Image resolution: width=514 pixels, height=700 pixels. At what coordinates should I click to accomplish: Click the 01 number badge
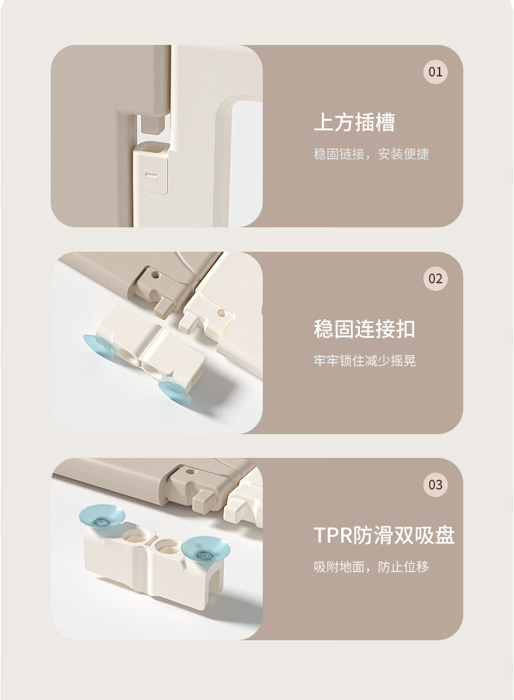(436, 71)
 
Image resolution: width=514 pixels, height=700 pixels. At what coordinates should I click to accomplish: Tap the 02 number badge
(436, 279)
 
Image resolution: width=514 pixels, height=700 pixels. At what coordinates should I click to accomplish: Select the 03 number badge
(436, 485)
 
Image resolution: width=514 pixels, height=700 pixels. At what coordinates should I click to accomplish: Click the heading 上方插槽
(355, 122)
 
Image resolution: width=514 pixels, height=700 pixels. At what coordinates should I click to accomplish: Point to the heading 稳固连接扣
(364, 329)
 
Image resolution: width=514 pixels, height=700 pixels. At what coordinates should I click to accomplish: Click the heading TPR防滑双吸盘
(384, 535)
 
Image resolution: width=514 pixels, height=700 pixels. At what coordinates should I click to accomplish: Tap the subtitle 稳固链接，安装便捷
(371, 154)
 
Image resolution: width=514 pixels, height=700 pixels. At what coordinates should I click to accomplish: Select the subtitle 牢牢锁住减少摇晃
(364, 361)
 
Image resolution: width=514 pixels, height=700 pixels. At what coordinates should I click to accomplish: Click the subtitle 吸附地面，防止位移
(371, 567)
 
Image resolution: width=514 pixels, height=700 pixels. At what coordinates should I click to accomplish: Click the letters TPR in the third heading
(333, 535)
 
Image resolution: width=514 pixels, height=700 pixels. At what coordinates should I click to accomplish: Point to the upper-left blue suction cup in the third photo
(102, 516)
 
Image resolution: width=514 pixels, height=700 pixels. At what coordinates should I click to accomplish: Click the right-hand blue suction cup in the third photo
(206, 553)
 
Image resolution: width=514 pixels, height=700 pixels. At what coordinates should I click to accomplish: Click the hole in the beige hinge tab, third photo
(190, 471)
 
